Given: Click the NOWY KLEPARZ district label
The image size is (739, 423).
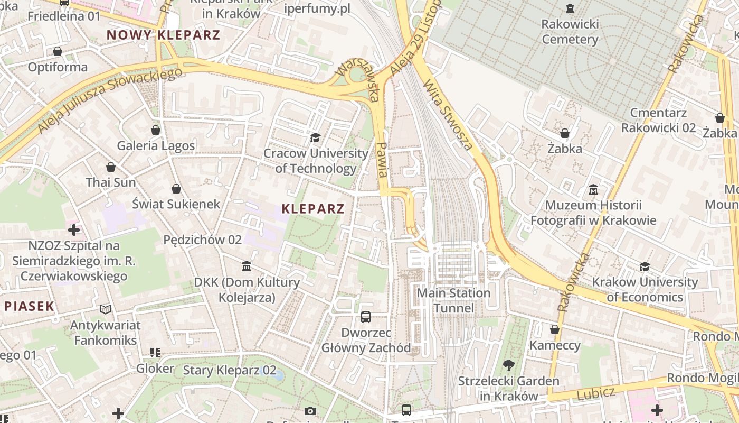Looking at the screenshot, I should (x=163, y=35).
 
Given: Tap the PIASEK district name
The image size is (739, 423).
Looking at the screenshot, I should (x=29, y=306).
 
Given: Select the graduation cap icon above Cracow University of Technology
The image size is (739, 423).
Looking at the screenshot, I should (x=315, y=138).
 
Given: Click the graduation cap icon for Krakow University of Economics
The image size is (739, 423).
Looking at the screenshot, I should (x=645, y=266).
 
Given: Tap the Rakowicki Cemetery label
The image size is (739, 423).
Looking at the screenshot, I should (x=570, y=32).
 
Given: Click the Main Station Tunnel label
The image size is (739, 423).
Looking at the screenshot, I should (x=453, y=300).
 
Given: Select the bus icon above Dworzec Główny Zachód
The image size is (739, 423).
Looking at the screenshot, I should (x=366, y=317).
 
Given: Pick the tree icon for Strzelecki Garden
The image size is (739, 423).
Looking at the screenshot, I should (x=509, y=365).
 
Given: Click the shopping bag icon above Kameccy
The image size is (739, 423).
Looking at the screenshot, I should (x=555, y=330).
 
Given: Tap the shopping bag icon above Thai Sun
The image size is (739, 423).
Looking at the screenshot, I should (x=111, y=168).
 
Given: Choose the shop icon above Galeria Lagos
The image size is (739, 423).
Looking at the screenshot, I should (x=156, y=130).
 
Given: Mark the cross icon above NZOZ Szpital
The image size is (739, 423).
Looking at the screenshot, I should (x=74, y=230).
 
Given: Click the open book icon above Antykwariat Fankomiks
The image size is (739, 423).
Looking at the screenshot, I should (x=106, y=309).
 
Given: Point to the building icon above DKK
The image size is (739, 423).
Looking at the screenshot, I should (x=247, y=266).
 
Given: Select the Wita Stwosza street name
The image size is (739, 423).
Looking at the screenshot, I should (x=448, y=115).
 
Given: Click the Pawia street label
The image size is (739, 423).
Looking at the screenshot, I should (x=383, y=159).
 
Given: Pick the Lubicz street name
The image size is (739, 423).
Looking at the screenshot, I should (x=595, y=393).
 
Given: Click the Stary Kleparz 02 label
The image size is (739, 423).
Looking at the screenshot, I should (x=230, y=370).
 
